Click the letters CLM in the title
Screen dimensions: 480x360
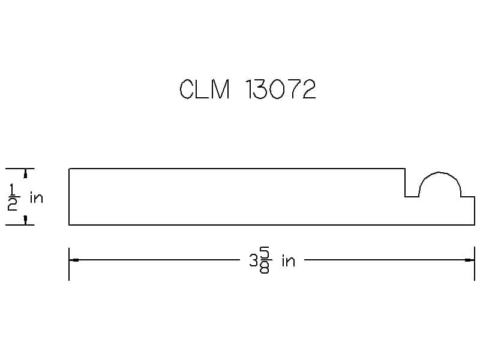coord(204,89)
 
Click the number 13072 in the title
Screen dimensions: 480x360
coord(280,89)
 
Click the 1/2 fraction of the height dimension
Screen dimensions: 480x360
coord(12,197)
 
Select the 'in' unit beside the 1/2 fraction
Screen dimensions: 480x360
coord(37,198)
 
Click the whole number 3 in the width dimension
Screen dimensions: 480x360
coord(254,261)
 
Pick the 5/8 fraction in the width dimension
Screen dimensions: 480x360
coord(265,260)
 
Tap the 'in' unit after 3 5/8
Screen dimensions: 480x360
coord(289,261)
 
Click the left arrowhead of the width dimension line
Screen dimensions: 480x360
coord(74,260)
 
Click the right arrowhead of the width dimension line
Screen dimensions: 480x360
coord(470,260)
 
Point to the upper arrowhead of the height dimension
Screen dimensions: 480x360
coord(25,173)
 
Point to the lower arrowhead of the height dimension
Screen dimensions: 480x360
coord(25,220)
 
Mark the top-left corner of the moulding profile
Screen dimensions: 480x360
coord(69,169)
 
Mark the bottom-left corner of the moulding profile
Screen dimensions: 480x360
coord(69,225)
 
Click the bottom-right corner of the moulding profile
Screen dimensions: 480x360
coord(475,225)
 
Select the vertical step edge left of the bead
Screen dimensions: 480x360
coord(405,183)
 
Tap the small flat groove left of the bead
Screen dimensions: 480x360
coord(412,197)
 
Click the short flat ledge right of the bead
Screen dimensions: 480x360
coord(468,197)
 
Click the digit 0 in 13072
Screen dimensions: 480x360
coord(277,89)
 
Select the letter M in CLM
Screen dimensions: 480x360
coord(220,89)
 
